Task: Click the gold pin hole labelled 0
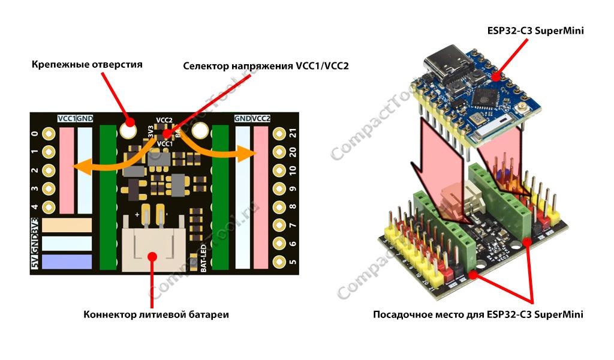49,134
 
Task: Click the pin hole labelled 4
49,208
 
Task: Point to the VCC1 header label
67,118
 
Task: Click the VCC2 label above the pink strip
261,118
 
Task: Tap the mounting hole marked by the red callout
128,128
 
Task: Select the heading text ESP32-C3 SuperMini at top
537,30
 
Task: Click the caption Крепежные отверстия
87,64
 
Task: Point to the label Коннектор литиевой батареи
156,314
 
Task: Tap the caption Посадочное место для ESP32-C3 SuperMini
478,314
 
